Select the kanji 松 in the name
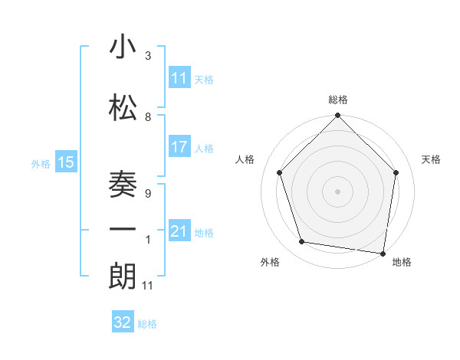(123, 107)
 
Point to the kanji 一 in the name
(123, 230)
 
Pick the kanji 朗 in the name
(123, 276)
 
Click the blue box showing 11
(179, 78)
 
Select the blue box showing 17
(179, 147)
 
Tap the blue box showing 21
(179, 231)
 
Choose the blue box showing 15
(66, 162)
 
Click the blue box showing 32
(123, 322)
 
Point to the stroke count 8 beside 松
(148, 117)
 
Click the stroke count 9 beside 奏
(148, 194)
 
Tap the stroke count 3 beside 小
(148, 56)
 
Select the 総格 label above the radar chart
(337, 100)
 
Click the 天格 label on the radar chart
(431, 159)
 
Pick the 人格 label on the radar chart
(245, 159)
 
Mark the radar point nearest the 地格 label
(382, 252)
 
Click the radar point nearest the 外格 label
(302, 242)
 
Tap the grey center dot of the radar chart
(337, 191)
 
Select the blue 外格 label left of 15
(41, 163)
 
